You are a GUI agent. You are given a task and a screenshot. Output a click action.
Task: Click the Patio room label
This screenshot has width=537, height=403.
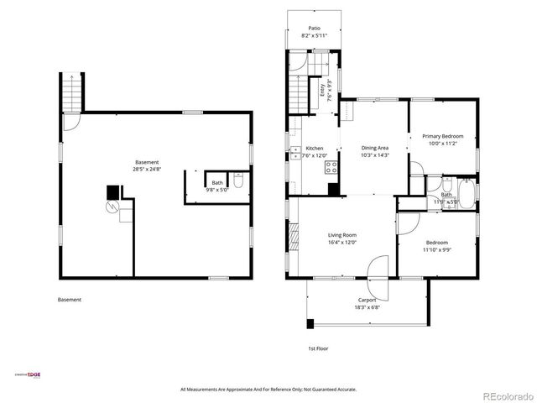coord(314,28)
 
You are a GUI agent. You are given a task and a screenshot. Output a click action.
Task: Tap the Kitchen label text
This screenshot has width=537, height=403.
coord(315,148)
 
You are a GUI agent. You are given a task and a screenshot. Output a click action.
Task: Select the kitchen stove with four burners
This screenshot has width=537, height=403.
coord(333,166)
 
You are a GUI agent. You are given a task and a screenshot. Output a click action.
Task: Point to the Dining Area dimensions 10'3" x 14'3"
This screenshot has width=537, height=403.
coord(374,155)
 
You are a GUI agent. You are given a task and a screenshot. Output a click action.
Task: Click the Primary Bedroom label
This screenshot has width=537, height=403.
coord(442,136)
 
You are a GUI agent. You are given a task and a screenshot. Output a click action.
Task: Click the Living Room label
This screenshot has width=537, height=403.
coord(341,234)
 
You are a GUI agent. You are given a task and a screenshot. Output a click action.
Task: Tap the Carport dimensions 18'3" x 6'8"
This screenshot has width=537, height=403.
coord(367,307)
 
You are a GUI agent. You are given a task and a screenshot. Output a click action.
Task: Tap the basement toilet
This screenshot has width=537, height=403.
coord(239,182)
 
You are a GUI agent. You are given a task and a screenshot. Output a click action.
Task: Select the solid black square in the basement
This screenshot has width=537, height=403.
coord(112,192)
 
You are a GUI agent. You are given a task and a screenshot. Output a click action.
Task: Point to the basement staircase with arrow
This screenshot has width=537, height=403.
coord(72,92)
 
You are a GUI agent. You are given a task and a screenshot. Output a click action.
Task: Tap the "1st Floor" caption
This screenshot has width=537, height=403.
coord(316,348)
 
